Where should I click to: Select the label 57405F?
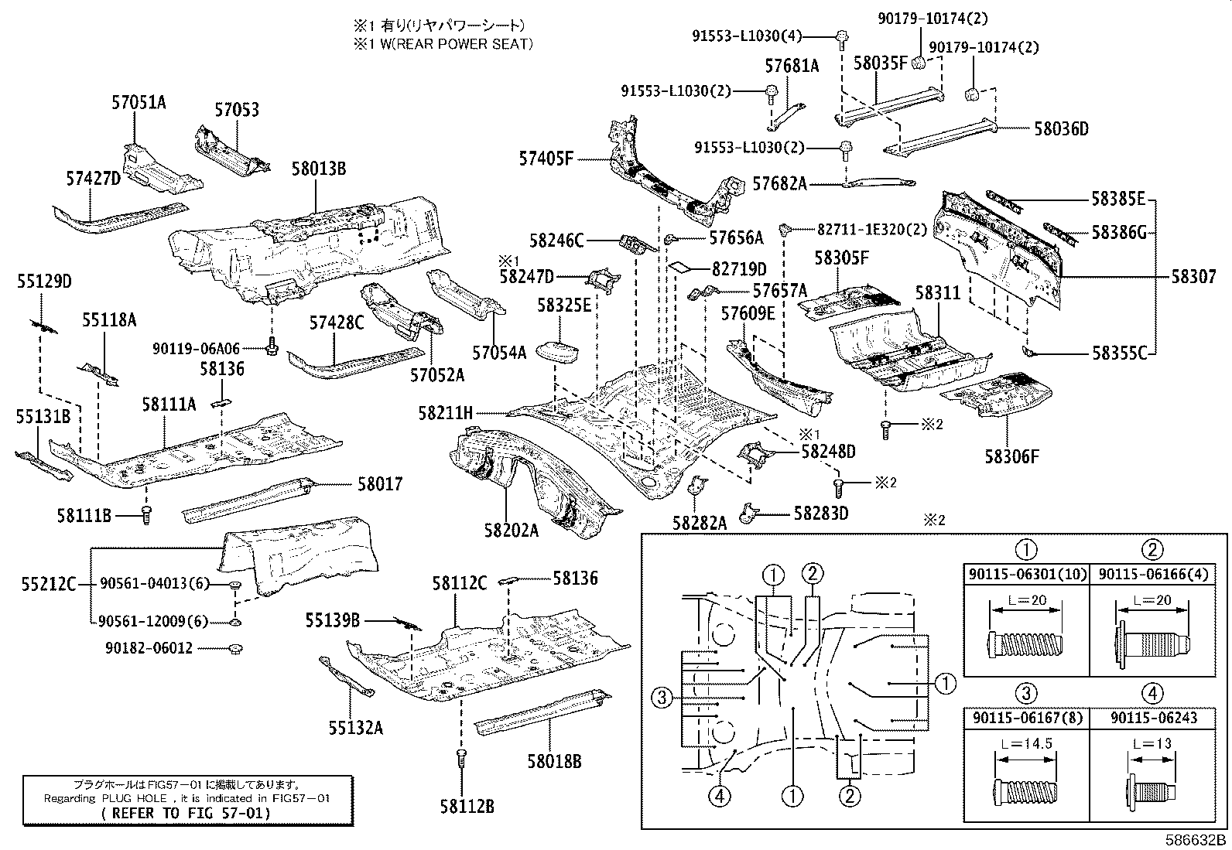(x=546, y=159)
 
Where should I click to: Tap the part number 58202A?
(x=511, y=530)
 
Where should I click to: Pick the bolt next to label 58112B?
(x=462, y=757)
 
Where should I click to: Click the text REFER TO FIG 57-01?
(x=186, y=813)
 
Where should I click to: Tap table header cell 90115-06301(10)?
(x=1026, y=574)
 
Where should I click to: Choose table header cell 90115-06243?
(x=1153, y=718)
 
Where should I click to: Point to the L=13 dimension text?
(x=1152, y=744)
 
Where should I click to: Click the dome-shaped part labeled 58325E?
(x=557, y=352)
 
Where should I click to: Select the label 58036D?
(x=1061, y=128)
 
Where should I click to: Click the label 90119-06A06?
(x=197, y=349)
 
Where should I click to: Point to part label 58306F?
(x=1011, y=456)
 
